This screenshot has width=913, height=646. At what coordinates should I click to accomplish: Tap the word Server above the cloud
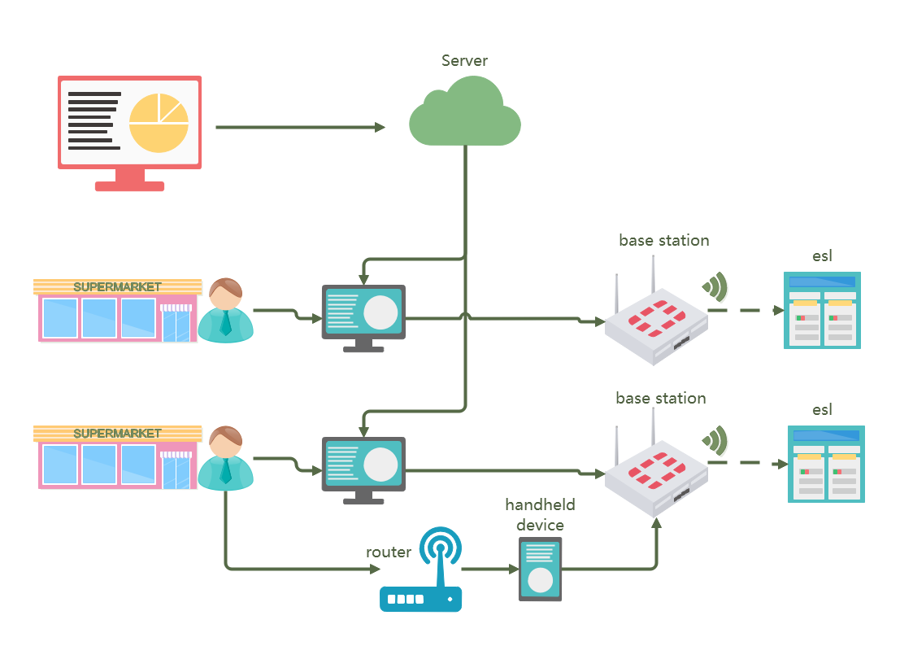[464, 61]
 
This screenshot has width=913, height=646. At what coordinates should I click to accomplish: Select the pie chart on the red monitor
[159, 123]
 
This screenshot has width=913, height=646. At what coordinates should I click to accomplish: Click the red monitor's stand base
[129, 186]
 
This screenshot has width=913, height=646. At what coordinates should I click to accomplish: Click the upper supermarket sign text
[117, 286]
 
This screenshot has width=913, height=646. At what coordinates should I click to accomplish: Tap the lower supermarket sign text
[117, 433]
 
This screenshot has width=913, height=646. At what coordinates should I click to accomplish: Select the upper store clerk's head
[225, 294]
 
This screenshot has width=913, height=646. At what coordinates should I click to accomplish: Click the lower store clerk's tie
[225, 473]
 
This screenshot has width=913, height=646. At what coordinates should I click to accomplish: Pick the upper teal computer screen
[363, 312]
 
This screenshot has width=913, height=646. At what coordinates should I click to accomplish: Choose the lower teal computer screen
[363, 464]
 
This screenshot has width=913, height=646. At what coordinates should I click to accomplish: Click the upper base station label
[663, 241]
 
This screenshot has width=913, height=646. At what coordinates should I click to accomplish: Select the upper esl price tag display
[822, 311]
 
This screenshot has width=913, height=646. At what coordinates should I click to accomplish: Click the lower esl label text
[822, 409]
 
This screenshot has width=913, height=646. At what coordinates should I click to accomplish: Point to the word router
[389, 552]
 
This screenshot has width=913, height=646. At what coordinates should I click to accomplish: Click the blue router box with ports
[420, 599]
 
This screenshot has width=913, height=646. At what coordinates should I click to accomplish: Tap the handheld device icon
[540, 569]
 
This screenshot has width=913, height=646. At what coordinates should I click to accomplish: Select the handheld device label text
[540, 514]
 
